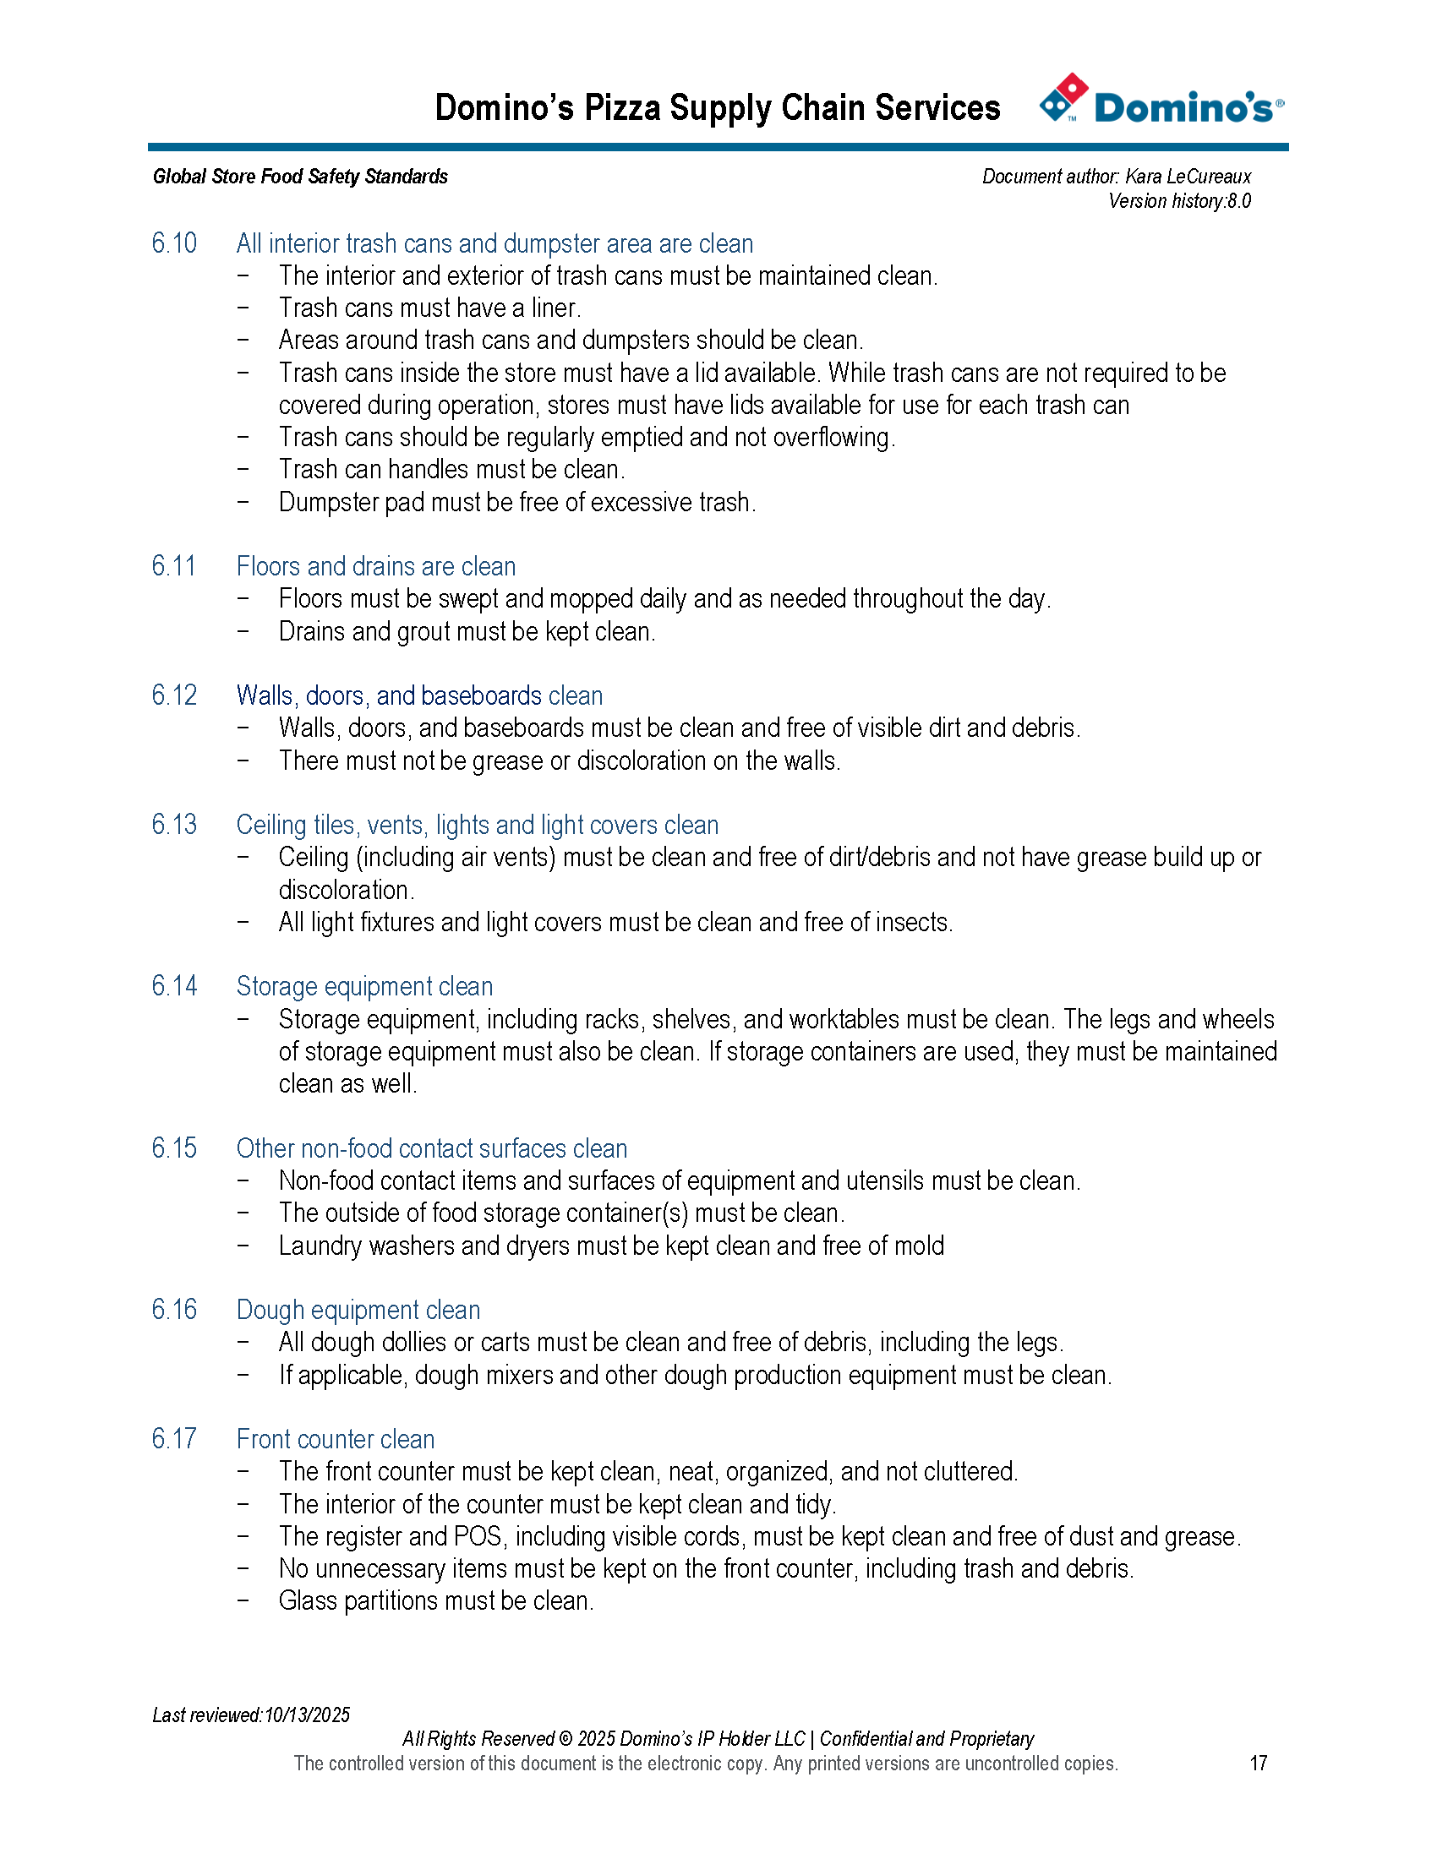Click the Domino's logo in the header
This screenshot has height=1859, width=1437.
pyautogui.click(x=1161, y=101)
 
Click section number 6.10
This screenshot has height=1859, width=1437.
pyautogui.click(x=174, y=243)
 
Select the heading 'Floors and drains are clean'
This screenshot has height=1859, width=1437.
pyautogui.click(x=375, y=566)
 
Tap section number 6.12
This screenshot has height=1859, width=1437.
pyautogui.click(x=174, y=695)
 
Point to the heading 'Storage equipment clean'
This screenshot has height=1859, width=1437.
pyautogui.click(x=364, y=985)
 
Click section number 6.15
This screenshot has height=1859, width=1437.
pyautogui.click(x=174, y=1148)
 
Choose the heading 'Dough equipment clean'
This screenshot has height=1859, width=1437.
pyautogui.click(x=358, y=1309)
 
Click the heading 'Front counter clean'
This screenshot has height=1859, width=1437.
pyautogui.click(x=336, y=1438)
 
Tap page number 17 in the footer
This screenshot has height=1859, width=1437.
pyautogui.click(x=1259, y=1763)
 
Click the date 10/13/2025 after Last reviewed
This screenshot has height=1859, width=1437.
pyautogui.click(x=307, y=1715)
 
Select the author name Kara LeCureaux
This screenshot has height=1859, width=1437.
pyautogui.click(x=1188, y=177)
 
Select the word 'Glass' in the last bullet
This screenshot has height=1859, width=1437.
pyautogui.click(x=309, y=1600)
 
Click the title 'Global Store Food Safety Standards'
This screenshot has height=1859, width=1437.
pyautogui.click(x=301, y=177)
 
